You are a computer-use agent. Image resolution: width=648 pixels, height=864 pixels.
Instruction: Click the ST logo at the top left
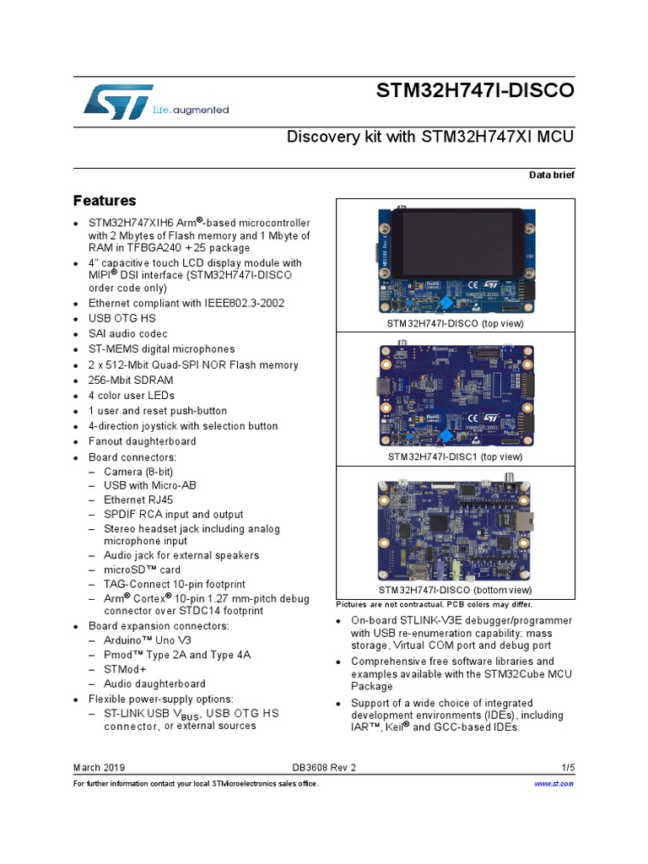tap(118, 101)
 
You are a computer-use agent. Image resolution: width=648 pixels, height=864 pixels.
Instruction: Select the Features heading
tap(105, 201)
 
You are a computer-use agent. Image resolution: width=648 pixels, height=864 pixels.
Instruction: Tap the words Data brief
tap(551, 174)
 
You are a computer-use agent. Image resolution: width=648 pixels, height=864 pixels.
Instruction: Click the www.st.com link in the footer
tap(554, 784)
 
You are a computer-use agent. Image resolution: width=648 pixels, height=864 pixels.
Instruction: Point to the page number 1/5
tap(567, 768)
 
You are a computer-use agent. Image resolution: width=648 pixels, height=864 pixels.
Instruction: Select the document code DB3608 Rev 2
tap(324, 768)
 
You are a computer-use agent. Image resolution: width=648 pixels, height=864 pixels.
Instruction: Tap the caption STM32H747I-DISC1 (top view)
tap(455, 456)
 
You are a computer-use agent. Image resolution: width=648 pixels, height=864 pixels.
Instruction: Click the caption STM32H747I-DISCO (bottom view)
tap(455, 590)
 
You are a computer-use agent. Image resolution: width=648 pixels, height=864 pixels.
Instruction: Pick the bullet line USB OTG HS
tap(123, 318)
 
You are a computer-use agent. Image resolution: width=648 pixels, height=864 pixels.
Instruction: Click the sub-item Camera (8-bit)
tap(138, 472)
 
